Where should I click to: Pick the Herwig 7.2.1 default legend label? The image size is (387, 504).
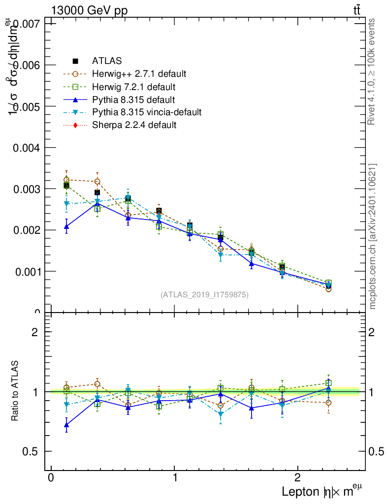pyautogui.click(x=133, y=87)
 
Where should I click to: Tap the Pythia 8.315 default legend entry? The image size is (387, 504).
pyautogui.click(x=133, y=99)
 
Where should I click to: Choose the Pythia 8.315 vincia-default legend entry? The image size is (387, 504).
pyautogui.click(x=146, y=112)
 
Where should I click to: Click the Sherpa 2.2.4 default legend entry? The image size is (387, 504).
pyautogui.click(x=134, y=125)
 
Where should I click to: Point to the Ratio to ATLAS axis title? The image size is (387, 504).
pyautogui.click(x=15, y=391)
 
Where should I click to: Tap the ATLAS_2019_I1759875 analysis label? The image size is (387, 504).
pyautogui.click(x=204, y=295)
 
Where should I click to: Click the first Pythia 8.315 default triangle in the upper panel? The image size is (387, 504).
pyautogui.click(x=66, y=226)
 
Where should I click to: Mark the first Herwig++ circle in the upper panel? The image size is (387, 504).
pyautogui.click(x=66, y=180)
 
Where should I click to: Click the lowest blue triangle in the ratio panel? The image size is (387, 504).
pyautogui.click(x=66, y=424)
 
